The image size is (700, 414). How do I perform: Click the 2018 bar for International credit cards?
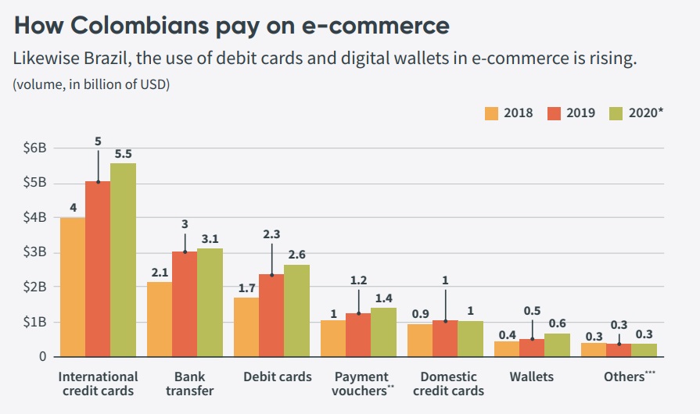coord(73,287)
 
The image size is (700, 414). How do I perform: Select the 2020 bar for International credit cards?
coord(123,259)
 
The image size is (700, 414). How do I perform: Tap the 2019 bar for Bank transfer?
coord(185,304)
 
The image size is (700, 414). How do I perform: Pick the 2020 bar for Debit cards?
coord(296,310)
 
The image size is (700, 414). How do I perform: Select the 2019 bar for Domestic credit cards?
coord(445,338)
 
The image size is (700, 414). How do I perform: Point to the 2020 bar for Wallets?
coord(557,344)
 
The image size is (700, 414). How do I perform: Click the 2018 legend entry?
coord(508,112)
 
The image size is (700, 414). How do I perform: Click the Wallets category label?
coord(532,377)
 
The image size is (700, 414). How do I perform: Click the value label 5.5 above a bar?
coord(123,154)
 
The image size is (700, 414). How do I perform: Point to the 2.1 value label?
coord(160,272)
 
